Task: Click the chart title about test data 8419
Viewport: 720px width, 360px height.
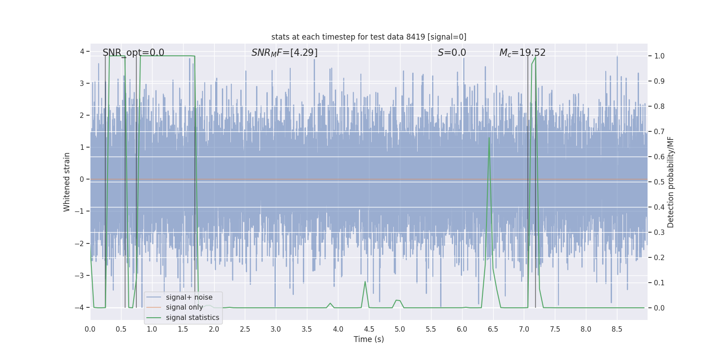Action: click(369, 37)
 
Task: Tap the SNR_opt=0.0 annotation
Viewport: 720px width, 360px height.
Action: click(133, 53)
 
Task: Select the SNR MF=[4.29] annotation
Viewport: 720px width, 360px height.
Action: click(284, 53)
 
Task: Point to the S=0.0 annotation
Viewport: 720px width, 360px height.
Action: click(452, 53)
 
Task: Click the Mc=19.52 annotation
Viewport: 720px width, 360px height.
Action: click(522, 53)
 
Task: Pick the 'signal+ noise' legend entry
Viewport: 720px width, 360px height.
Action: click(189, 297)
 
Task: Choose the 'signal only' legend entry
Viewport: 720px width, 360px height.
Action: click(184, 307)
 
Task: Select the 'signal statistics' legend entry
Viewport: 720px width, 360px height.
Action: click(193, 318)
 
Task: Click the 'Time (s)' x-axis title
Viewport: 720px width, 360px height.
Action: click(369, 339)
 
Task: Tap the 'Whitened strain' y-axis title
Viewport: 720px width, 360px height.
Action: click(67, 182)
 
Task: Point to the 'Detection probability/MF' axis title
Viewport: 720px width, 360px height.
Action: click(670, 182)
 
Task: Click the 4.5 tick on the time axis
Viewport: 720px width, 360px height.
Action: click(369, 329)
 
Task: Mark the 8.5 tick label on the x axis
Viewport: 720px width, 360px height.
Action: click(617, 329)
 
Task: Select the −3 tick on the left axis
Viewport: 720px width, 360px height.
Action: click(81, 275)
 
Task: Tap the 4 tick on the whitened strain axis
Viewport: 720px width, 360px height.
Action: click(82, 51)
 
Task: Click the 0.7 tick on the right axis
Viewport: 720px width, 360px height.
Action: click(659, 131)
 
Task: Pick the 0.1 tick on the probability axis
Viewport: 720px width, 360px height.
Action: click(659, 283)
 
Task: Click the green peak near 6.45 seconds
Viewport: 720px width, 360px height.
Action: click(489, 138)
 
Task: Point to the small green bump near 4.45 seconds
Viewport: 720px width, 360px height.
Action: click(365, 282)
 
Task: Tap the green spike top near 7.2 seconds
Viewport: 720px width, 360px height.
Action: click(535, 57)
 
